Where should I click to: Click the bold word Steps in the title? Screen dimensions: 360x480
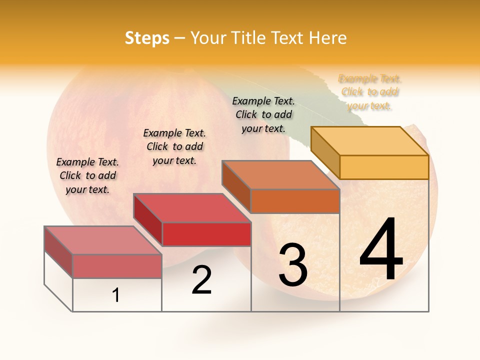click(147, 38)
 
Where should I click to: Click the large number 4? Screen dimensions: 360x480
click(381, 250)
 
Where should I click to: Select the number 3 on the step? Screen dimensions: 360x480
click(292, 265)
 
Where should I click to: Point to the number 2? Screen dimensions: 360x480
click(201, 280)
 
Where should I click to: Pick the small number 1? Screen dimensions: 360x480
click(115, 295)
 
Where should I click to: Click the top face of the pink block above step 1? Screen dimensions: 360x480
click(103, 240)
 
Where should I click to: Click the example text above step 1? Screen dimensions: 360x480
click(87, 175)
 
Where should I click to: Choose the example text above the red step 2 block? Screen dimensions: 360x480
click(174, 146)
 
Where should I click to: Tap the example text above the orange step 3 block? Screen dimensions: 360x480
click(263, 114)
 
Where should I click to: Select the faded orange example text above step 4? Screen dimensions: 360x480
click(370, 92)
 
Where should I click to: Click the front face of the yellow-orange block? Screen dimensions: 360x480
click(384, 167)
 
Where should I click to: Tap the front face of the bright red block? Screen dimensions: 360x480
click(206, 234)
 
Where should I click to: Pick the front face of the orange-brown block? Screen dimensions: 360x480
click(295, 201)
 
